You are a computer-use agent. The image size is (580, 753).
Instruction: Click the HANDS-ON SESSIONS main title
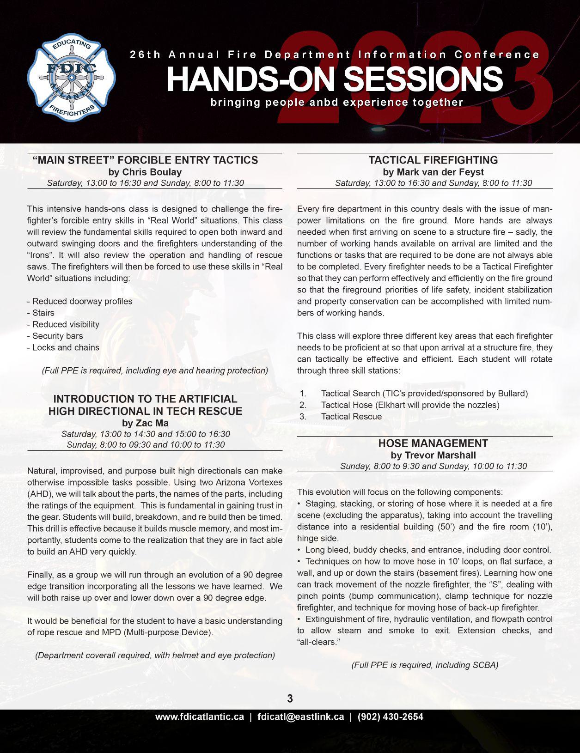coord(335,79)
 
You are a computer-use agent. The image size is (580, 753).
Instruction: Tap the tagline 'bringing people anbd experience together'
coord(337,102)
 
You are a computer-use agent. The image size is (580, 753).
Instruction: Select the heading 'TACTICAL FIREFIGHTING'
coord(433,160)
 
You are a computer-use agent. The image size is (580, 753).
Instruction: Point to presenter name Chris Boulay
coord(152,172)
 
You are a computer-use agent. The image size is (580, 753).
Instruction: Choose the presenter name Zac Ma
coord(152,423)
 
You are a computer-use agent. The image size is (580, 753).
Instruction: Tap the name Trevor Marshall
coord(440,455)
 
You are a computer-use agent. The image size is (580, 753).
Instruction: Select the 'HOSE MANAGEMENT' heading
coord(433,443)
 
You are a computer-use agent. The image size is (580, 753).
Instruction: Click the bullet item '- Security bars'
coord(55,336)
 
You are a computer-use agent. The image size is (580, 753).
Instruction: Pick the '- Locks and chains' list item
coord(63,347)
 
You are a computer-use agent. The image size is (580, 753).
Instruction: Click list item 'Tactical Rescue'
coord(351,416)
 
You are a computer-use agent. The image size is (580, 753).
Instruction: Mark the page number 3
coord(290,698)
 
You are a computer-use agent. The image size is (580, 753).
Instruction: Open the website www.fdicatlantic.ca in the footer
coord(200,717)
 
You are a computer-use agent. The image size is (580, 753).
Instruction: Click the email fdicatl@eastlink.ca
coord(301,717)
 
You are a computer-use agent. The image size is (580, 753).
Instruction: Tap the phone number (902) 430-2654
coord(391,717)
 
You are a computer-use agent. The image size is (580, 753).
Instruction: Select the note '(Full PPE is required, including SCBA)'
coord(425,665)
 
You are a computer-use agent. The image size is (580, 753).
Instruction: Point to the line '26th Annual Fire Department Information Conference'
coord(335,55)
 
